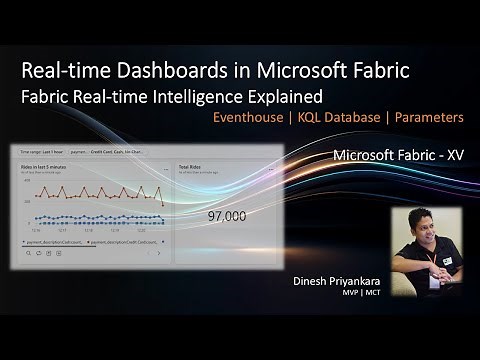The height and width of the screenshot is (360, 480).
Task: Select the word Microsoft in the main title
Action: click(x=295, y=72)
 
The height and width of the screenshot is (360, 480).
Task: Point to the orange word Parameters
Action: click(x=429, y=118)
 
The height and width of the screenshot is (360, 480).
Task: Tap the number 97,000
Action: click(x=227, y=215)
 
